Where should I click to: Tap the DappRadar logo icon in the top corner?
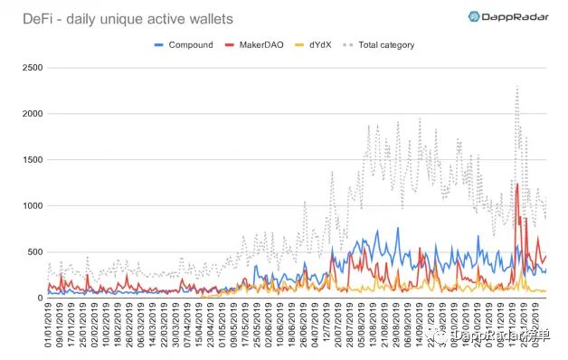click(x=474, y=16)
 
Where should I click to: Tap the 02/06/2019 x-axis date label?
click(x=256, y=326)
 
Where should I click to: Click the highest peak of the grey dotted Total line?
click(x=516, y=87)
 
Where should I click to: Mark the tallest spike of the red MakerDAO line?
click(x=517, y=184)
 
